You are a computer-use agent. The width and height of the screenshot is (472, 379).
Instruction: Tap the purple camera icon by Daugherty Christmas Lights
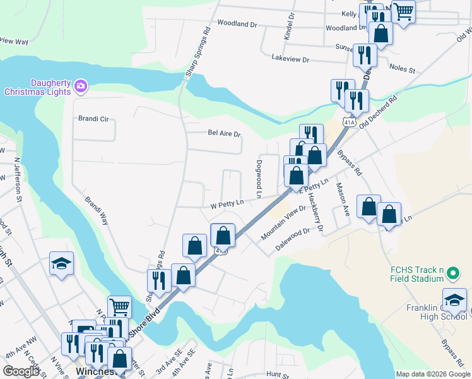coord(80,85)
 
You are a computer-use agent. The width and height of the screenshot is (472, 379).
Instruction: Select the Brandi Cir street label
coord(93,118)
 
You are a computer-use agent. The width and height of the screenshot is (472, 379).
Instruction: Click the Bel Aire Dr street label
coord(225,133)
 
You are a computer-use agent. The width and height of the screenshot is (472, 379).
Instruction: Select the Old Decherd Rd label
coord(378,114)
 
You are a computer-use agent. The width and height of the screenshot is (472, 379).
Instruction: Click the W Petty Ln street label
coord(227,205)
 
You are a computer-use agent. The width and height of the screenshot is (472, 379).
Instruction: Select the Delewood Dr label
coord(293,240)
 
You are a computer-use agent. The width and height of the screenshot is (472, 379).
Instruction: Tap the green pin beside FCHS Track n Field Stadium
coord(452,274)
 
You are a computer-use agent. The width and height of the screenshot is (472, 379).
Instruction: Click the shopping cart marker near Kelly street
coord(403,10)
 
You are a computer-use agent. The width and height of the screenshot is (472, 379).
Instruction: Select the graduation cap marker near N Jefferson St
coord(62,263)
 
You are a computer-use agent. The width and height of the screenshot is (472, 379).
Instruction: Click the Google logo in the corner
coord(21,371)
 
